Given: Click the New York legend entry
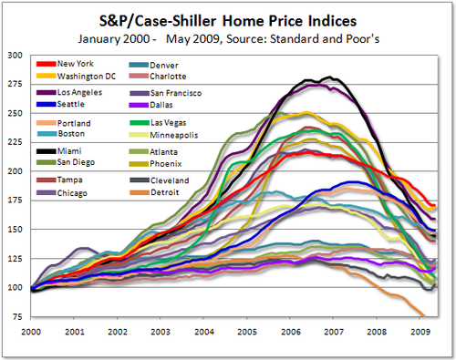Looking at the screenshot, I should [x=74, y=65].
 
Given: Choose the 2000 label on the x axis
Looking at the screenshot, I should [x=32, y=334].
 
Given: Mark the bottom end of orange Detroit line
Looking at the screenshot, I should [x=422, y=315].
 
